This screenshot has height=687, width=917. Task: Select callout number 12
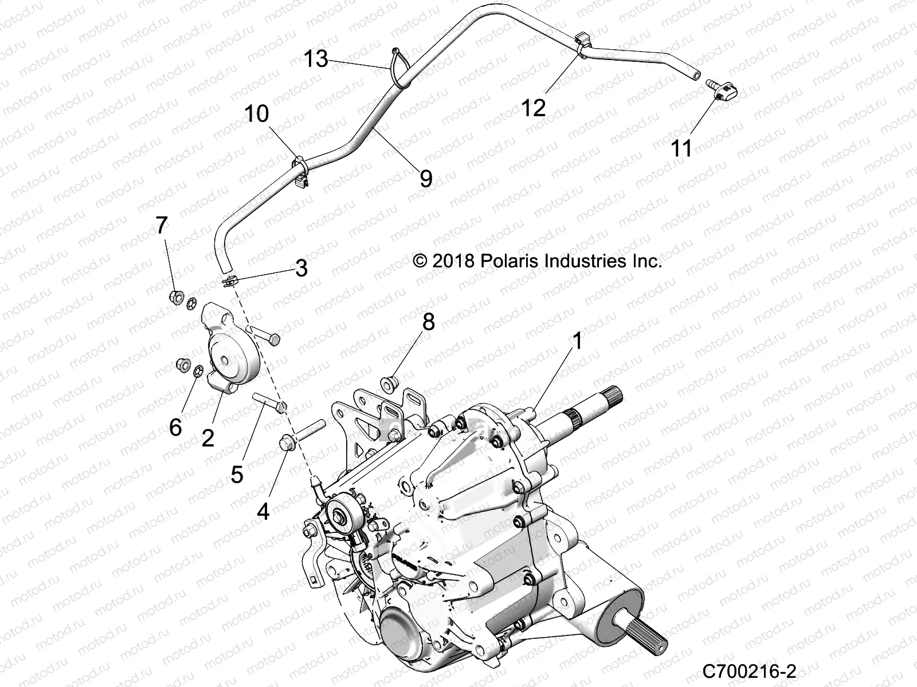(534, 107)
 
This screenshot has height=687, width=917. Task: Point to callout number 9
(425, 179)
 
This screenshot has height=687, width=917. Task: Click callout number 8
(428, 322)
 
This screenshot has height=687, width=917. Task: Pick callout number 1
(577, 341)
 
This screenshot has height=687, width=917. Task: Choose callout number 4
(262, 511)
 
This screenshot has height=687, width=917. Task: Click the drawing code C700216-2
(749, 670)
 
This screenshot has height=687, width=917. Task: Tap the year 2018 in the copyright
(453, 262)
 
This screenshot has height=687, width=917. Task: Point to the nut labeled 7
(177, 297)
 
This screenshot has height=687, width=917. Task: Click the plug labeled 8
(390, 383)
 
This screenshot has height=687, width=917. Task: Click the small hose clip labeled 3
(230, 282)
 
